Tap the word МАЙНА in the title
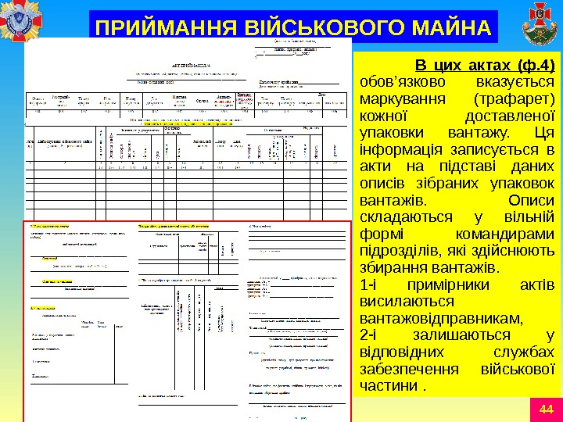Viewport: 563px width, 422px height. click(x=451, y=28)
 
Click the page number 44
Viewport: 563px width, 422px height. click(x=546, y=409)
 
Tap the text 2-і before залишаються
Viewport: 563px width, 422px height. click(x=367, y=336)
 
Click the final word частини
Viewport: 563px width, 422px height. click(x=386, y=388)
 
